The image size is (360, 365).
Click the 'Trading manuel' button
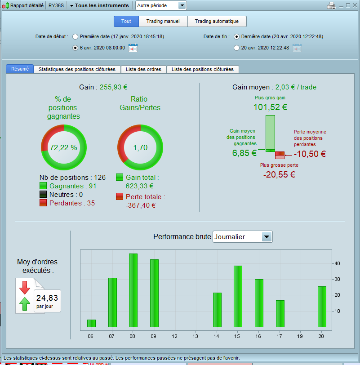click(163, 21)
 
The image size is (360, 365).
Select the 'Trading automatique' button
click(217, 21)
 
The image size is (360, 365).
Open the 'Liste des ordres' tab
click(144, 69)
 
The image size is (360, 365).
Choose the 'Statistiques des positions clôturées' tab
click(77, 69)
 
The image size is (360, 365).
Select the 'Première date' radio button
click(75, 36)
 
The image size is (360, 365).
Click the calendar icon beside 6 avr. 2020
click(133, 48)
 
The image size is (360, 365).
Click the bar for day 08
click(133, 290)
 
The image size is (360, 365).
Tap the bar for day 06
click(91, 323)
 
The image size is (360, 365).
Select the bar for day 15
click(238, 296)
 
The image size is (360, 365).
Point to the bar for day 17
click(280, 313)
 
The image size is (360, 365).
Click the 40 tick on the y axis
click(337, 263)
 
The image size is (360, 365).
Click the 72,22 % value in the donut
click(63, 147)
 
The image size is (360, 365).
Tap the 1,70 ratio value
click(140, 147)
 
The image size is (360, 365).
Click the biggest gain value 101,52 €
click(270, 107)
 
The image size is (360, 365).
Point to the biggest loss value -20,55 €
click(279, 174)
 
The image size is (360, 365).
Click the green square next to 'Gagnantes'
click(43, 186)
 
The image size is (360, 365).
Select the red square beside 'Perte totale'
click(120, 196)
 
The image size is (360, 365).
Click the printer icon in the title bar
click(331, 5)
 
